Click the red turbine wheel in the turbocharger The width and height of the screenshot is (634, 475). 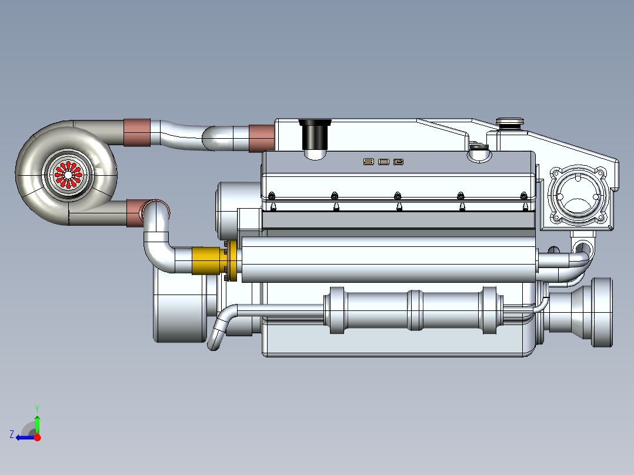(x=68, y=175)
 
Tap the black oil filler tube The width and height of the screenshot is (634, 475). (x=315, y=135)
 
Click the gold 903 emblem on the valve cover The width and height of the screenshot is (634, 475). (x=383, y=162)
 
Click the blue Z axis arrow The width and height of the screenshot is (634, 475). (x=25, y=437)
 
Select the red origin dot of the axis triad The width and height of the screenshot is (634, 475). (x=37, y=437)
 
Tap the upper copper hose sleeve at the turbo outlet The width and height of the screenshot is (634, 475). (x=137, y=132)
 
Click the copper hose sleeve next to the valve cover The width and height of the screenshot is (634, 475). (x=262, y=138)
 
